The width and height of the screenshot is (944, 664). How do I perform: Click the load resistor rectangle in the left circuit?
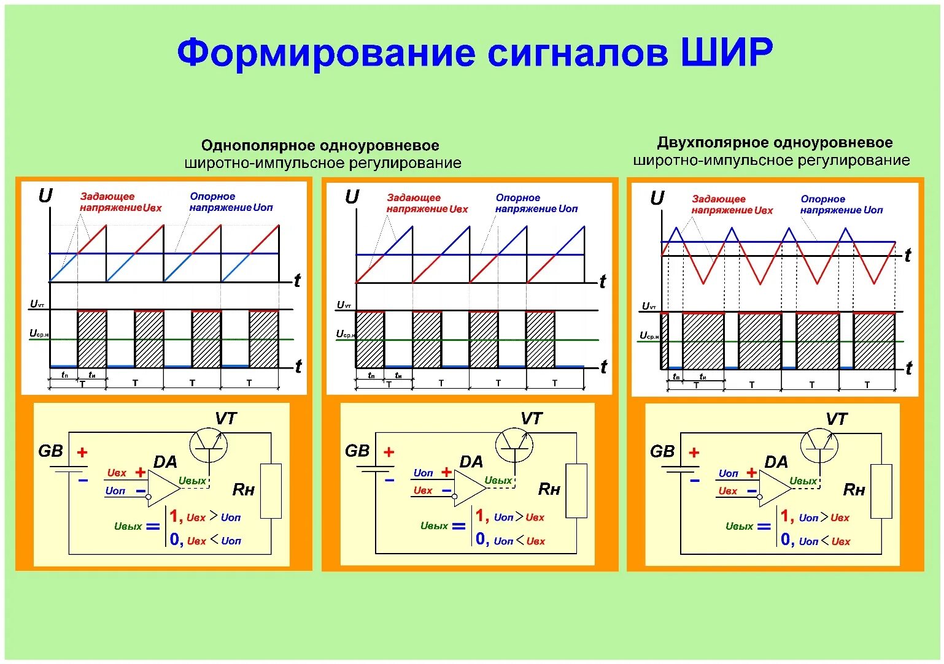click(271, 490)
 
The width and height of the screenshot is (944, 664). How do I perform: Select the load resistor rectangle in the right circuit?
click(881, 491)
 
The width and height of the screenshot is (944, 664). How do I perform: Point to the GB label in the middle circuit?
click(357, 451)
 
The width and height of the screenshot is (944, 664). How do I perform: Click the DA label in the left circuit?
click(165, 462)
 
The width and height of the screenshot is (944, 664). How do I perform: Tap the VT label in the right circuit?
click(836, 419)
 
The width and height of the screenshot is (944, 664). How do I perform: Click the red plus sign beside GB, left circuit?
click(82, 452)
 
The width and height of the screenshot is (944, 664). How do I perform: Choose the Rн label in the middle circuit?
click(549, 489)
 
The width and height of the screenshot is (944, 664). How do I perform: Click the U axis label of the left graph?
click(45, 196)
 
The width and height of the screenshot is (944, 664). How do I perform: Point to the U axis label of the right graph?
click(657, 199)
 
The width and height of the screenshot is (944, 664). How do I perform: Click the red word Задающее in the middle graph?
click(414, 197)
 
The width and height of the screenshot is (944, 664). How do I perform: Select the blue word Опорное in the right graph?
click(822, 199)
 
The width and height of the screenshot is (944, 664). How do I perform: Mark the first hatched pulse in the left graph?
click(92, 339)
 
